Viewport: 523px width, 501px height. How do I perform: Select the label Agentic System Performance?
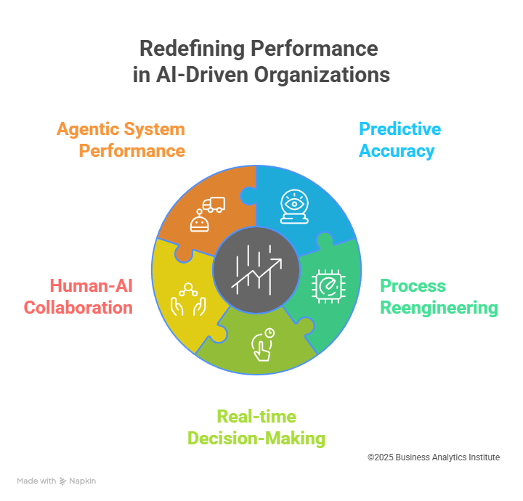click(121, 140)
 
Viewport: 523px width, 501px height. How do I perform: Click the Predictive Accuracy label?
click(400, 140)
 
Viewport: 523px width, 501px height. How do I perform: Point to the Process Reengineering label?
click(439, 296)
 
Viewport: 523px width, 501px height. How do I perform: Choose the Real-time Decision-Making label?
click(256, 428)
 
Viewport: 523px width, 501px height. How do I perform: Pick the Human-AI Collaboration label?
click(78, 296)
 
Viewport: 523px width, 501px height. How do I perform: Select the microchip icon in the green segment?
click(327, 285)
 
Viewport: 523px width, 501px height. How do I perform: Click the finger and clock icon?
click(261, 344)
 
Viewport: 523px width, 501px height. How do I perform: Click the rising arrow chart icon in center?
click(256, 269)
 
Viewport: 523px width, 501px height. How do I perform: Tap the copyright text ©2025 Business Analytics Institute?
click(433, 457)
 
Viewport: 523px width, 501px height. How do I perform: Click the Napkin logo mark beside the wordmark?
click(63, 481)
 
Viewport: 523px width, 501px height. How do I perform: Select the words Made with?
click(37, 481)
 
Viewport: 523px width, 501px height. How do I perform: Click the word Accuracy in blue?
click(397, 151)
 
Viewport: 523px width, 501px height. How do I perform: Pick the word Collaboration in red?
click(78, 307)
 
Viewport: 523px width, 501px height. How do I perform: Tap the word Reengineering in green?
click(439, 307)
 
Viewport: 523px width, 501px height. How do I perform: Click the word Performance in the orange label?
click(131, 151)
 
